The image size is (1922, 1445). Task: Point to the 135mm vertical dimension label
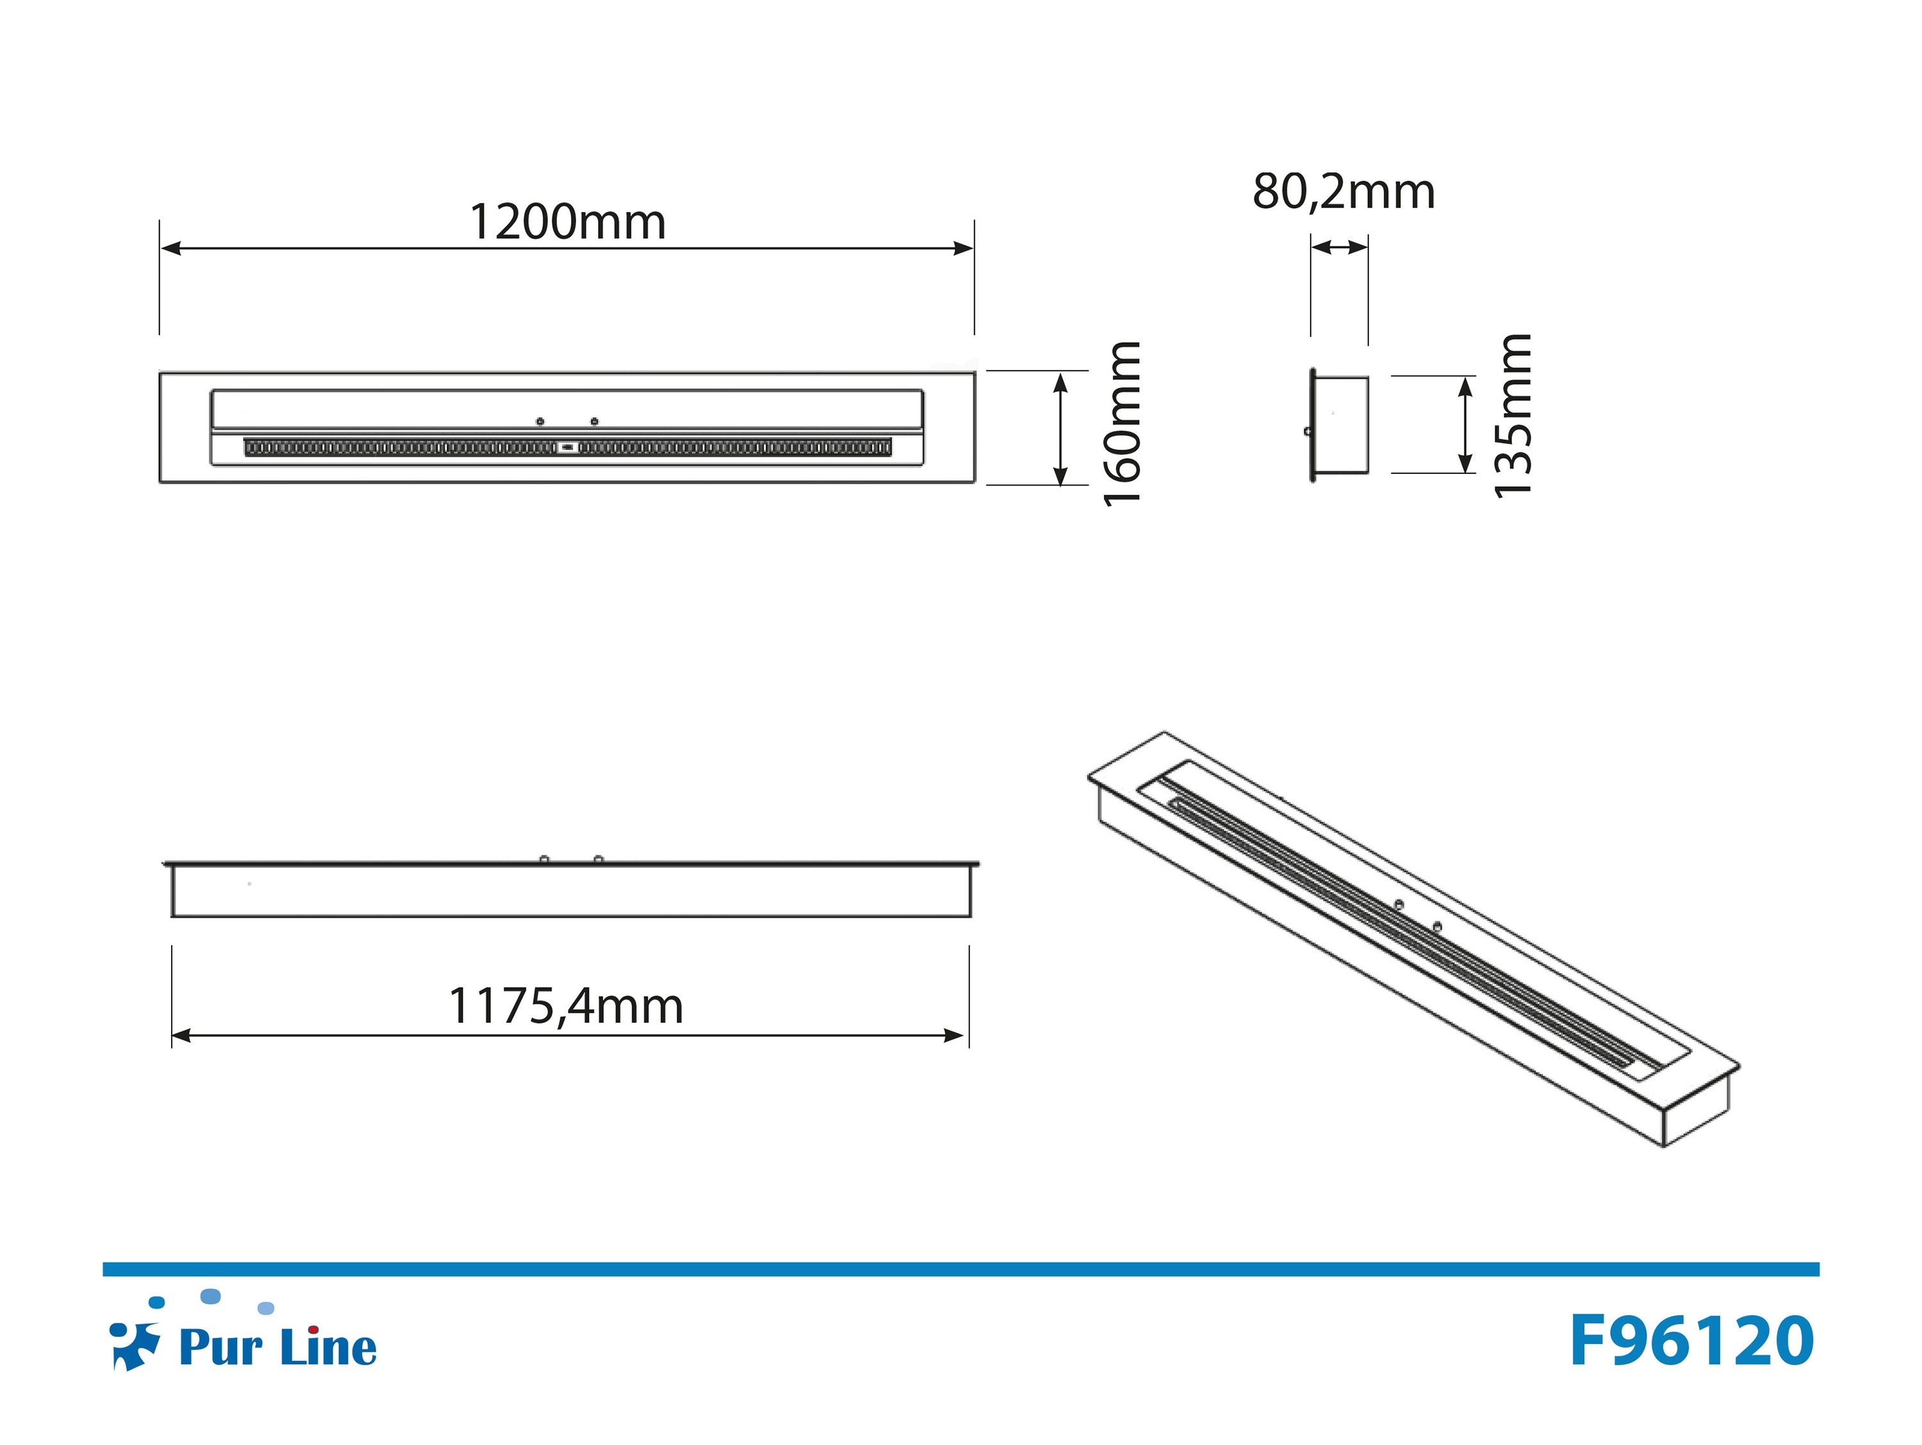pyautogui.click(x=1512, y=415)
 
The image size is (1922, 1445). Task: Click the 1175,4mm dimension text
pyautogui.click(x=566, y=1006)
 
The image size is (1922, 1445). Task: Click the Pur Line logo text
pyautogui.click(x=278, y=1348)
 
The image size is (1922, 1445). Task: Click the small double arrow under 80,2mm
pyautogui.click(x=1339, y=248)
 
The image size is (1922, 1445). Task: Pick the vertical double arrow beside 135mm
pyautogui.click(x=1465, y=425)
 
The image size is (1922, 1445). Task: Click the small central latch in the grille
pyautogui.click(x=568, y=448)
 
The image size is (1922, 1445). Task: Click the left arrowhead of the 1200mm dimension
pyautogui.click(x=171, y=249)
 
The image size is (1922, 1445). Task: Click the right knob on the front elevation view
pyautogui.click(x=598, y=858)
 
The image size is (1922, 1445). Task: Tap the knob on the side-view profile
pyautogui.click(x=1308, y=430)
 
